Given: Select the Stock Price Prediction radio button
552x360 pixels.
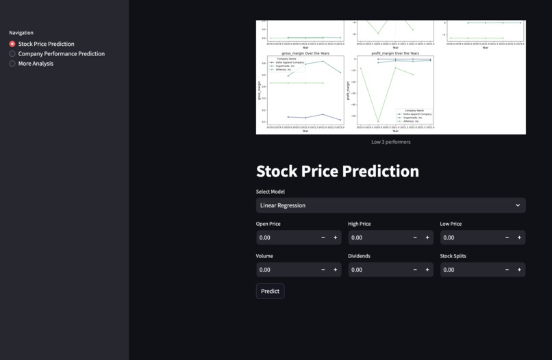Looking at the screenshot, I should pos(12,44).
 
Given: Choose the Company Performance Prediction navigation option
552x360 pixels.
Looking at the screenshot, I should pos(12,53).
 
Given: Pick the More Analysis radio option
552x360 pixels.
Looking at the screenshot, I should pos(12,64).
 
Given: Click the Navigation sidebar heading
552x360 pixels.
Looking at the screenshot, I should pos(21,33).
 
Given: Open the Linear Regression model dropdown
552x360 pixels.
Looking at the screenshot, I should pos(390,205).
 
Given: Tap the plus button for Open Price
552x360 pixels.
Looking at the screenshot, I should pos(336,237).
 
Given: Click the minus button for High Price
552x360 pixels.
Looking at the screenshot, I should pos(415,237).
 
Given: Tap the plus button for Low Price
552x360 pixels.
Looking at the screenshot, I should pos(519,237).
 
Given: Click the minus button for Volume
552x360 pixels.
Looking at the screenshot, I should pos(323,270).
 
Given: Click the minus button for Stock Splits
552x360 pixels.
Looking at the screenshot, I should pos(507,270).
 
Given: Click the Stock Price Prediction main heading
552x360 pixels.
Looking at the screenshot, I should pos(337,171).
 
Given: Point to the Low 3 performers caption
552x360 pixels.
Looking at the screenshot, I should pos(390,142).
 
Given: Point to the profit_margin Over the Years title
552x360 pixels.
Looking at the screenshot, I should pos(395,53).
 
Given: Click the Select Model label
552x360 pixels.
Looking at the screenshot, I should pos(270,192).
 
